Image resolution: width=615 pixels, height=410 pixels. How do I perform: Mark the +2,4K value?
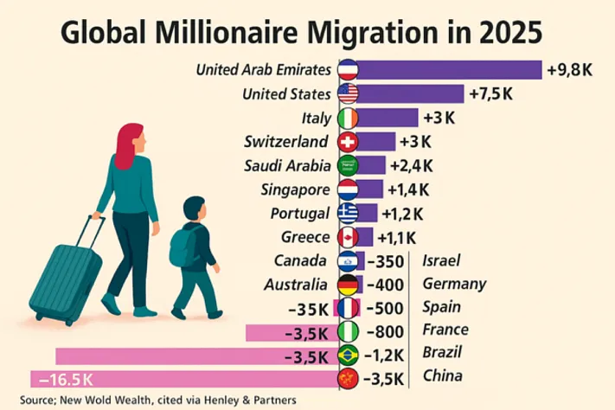(411, 164)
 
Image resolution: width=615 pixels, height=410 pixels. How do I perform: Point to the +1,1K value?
(399, 236)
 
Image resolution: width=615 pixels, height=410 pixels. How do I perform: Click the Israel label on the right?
(442, 259)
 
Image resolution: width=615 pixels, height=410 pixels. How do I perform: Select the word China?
(442, 376)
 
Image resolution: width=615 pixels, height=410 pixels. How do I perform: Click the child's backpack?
(184, 247)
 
